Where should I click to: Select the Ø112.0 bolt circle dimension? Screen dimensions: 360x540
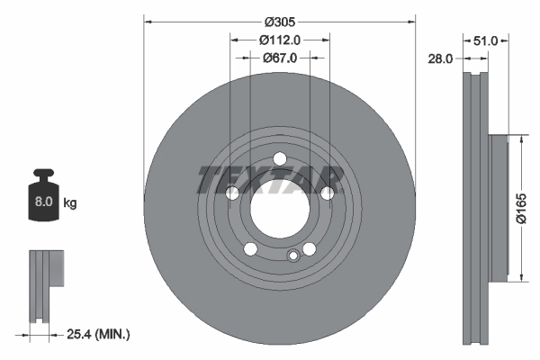tap(279, 40)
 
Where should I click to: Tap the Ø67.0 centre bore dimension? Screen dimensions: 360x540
tap(279, 58)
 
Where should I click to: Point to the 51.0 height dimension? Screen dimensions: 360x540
tap(486, 40)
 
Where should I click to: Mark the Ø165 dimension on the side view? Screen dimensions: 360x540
tap(522, 208)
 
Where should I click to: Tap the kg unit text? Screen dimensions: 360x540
tap(70, 203)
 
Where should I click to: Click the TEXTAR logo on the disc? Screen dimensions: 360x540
tap(270, 179)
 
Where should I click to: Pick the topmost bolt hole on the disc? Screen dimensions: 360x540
tap(280, 163)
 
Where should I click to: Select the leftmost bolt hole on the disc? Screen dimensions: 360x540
tap(232, 193)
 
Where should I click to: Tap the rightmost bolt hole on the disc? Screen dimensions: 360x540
tap(328, 193)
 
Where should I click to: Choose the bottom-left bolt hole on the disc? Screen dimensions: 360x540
tap(251, 249)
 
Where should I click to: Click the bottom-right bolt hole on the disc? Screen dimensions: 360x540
tap(309, 249)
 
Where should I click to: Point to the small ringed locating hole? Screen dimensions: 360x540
tap(292, 257)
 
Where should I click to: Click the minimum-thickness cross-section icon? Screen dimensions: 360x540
tap(48, 283)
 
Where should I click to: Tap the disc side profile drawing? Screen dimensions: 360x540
tap(475, 209)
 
